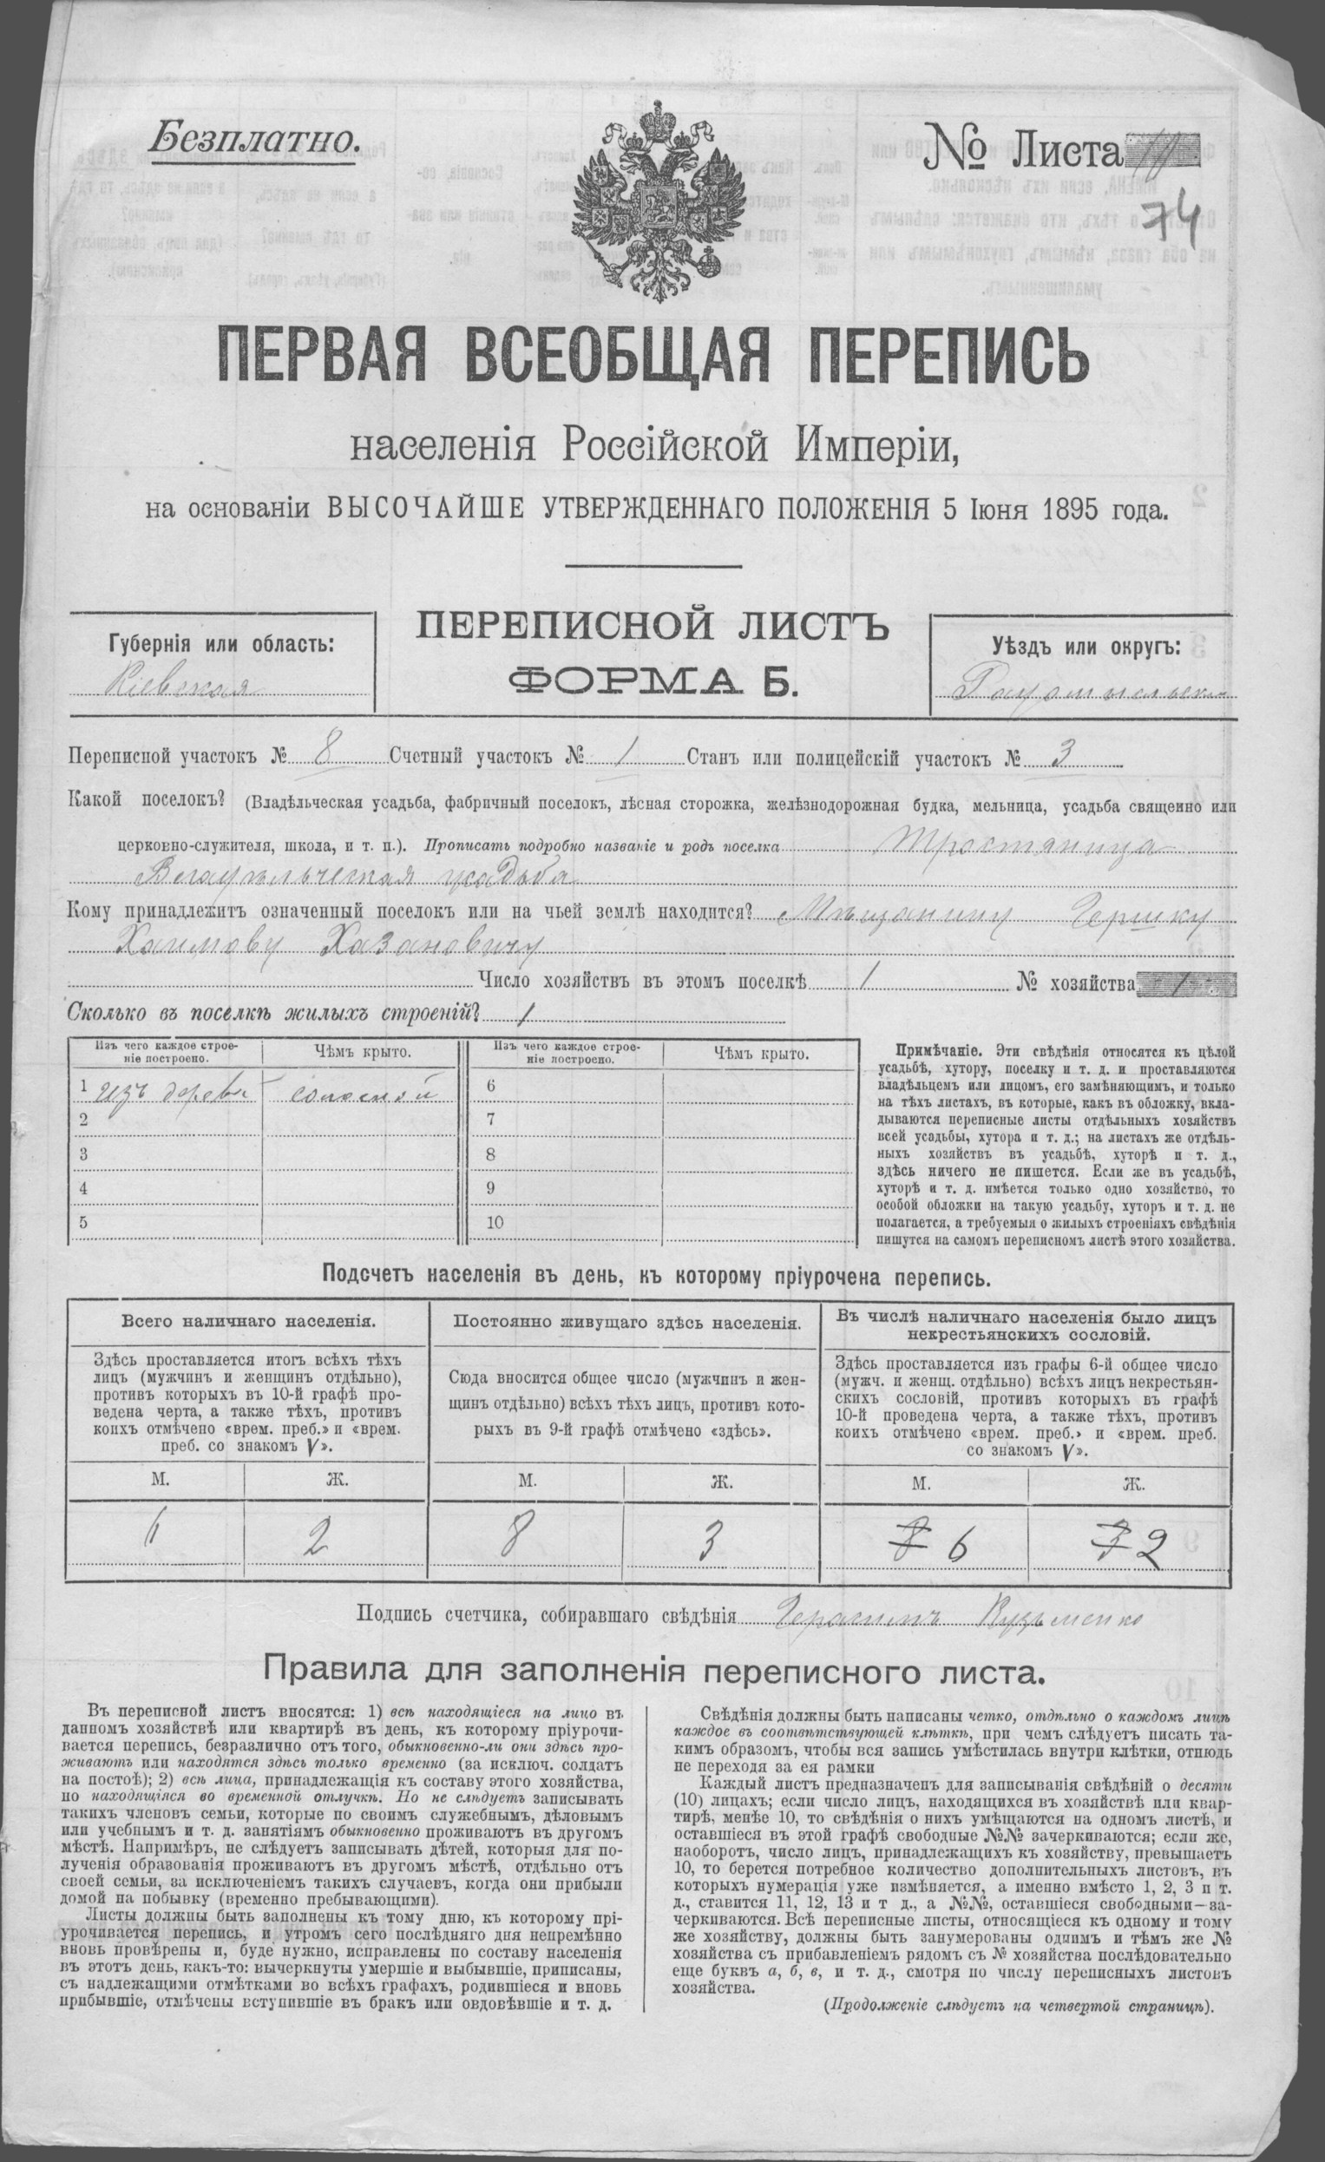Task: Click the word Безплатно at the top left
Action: pos(255,137)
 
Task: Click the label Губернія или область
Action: pos(220,645)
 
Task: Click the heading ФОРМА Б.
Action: pos(655,682)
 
